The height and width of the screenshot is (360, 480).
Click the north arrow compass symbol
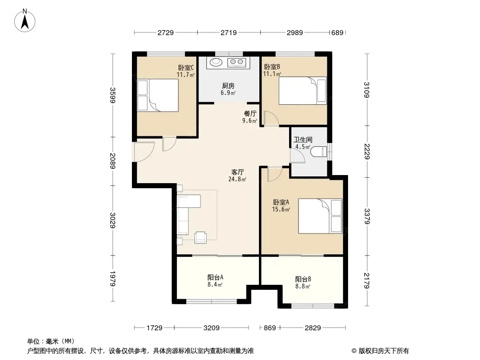tap(25, 20)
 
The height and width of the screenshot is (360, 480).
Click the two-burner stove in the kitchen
tap(237, 62)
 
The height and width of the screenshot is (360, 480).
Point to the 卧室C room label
tap(186, 67)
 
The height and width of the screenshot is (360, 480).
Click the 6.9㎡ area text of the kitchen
tap(228, 92)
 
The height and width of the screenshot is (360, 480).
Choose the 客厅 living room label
tap(237, 172)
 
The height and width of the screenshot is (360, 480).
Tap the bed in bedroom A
tap(320, 216)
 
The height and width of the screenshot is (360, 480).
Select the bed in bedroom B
tap(303, 90)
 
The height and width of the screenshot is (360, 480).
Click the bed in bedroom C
tap(158, 95)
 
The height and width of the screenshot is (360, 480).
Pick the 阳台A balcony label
tap(215, 277)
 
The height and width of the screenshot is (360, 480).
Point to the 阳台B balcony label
tap(303, 279)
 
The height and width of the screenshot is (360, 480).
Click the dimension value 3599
tap(113, 95)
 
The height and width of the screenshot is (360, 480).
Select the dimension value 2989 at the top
tap(295, 32)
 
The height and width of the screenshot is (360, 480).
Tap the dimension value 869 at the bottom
tap(270, 328)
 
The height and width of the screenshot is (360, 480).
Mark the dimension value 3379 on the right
tap(367, 216)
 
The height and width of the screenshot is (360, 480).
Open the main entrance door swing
tap(143, 152)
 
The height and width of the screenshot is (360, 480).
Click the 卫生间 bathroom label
tap(303, 140)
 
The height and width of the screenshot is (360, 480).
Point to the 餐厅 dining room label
tap(250, 113)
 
